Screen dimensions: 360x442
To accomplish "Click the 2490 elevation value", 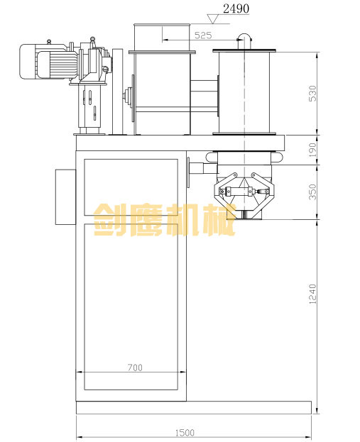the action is click(x=236, y=9).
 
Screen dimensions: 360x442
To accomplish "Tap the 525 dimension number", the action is click(x=203, y=35).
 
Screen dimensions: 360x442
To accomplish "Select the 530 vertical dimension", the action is click(x=312, y=94).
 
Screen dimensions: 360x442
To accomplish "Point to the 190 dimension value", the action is click(x=312, y=150).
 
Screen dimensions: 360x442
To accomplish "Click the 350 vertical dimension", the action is click(x=312, y=192).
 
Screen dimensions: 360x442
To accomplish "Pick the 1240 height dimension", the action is click(x=312, y=294).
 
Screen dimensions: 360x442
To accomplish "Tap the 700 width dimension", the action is click(x=135, y=368).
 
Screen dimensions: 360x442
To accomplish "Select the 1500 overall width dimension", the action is click(x=185, y=433).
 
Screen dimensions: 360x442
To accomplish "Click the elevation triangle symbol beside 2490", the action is click(x=213, y=19).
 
